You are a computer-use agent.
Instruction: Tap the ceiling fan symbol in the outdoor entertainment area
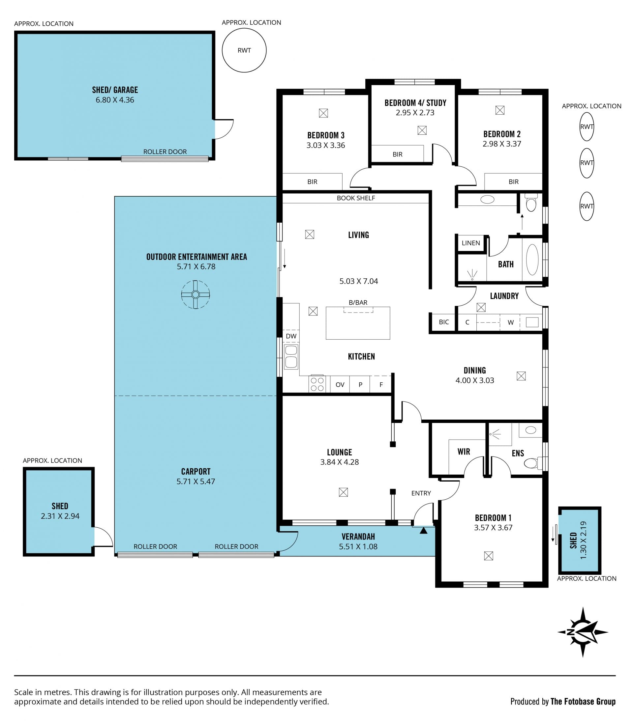click(x=195, y=294)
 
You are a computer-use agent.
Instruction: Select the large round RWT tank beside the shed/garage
click(x=244, y=50)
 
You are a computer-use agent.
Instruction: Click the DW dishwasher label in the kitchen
click(x=291, y=336)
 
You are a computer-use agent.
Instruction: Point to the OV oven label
click(x=340, y=384)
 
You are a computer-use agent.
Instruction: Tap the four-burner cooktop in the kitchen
click(x=317, y=384)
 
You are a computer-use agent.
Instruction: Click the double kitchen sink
click(x=291, y=357)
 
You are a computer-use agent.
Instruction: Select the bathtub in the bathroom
click(x=532, y=260)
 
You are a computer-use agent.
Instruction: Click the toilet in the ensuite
click(x=533, y=463)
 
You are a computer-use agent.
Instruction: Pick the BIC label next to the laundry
click(x=444, y=322)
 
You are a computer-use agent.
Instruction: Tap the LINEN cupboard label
click(x=470, y=243)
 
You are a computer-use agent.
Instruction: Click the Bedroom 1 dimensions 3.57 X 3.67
click(x=493, y=528)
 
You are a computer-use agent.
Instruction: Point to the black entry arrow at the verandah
click(x=423, y=530)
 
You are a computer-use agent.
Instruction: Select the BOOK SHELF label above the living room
click(x=355, y=198)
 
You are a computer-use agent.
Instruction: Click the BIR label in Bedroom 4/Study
click(x=397, y=154)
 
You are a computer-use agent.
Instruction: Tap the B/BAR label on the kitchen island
click(x=358, y=303)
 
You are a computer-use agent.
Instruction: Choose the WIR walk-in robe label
click(x=464, y=452)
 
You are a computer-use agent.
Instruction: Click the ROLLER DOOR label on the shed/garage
click(x=165, y=152)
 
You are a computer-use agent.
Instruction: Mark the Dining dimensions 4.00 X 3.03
click(x=474, y=380)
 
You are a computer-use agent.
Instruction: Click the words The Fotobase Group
click(x=583, y=702)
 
